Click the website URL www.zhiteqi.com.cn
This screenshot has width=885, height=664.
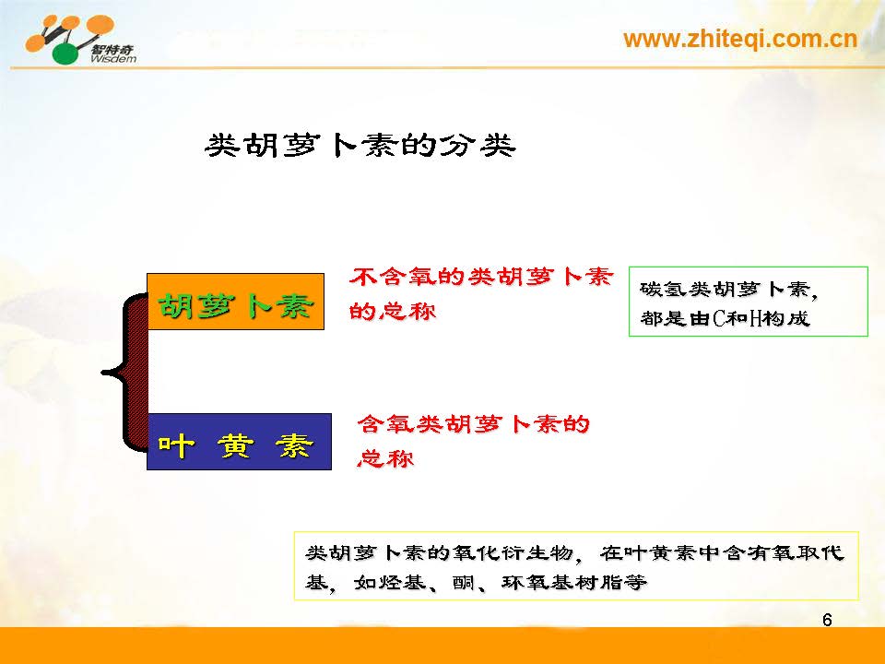(x=740, y=39)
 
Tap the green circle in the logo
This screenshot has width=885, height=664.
(x=65, y=53)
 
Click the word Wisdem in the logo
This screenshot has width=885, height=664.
(x=112, y=58)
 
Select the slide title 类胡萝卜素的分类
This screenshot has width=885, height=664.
(x=360, y=146)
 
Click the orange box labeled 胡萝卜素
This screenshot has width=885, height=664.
(x=235, y=302)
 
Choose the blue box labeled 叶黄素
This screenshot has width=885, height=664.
(x=239, y=442)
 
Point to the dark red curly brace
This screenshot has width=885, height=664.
(x=125, y=372)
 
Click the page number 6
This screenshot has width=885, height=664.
(x=827, y=620)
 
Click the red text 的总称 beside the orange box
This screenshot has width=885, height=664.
(x=393, y=311)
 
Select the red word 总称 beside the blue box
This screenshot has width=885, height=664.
(x=385, y=458)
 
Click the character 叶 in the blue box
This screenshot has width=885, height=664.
(x=176, y=445)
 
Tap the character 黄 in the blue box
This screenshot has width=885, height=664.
(x=235, y=445)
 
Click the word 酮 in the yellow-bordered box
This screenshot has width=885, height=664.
(x=464, y=582)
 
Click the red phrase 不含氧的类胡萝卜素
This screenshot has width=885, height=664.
(x=481, y=277)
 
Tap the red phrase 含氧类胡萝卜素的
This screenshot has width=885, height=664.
(x=473, y=423)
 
